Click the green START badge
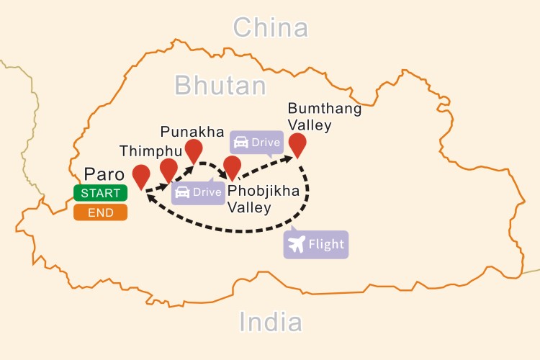[100, 193]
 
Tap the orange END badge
[100, 212]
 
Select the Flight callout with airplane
[316, 245]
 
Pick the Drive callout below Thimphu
[198, 192]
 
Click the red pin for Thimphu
[168, 169]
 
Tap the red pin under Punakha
[193, 150]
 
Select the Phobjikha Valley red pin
[232, 166]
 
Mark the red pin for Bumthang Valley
[297, 145]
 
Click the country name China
[271, 29]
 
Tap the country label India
[270, 321]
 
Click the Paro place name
[104, 175]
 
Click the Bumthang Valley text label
[310, 117]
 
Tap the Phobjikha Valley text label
[264, 199]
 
